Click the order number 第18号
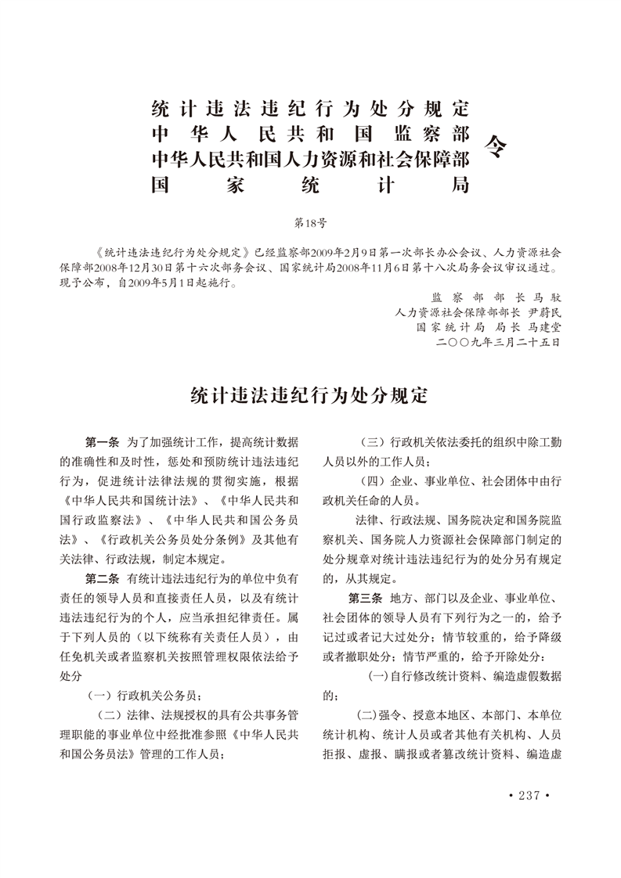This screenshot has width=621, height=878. [309, 222]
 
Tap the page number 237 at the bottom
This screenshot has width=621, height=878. [530, 796]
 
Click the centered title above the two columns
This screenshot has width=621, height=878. [310, 396]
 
